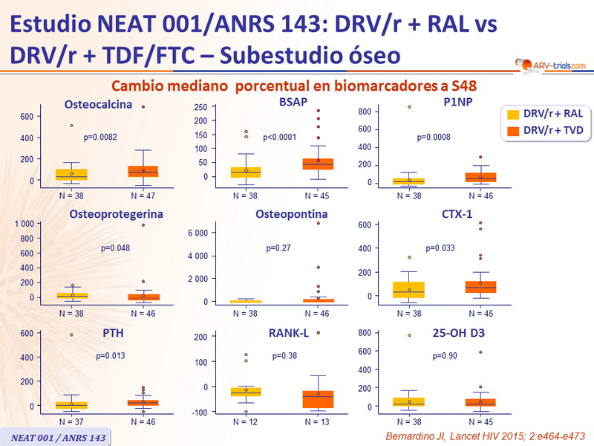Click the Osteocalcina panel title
pos(98,104)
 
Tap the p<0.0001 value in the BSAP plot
pos(279,138)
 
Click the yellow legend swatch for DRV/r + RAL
pos(512,114)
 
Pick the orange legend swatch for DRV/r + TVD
pos(512,131)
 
